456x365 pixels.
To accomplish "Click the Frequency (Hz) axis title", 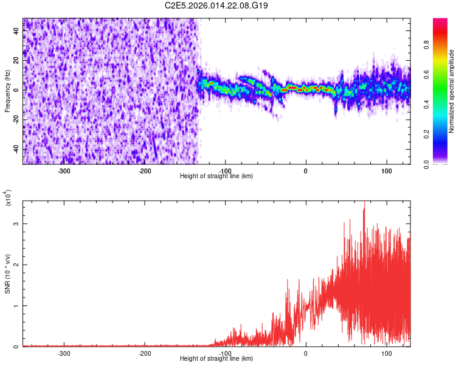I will click(7, 91).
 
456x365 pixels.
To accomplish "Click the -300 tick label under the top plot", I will click(64, 171).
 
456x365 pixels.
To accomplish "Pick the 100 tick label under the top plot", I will click(386, 171).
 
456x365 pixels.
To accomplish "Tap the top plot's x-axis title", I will click(216, 176).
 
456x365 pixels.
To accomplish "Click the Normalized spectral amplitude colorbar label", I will click(452, 91).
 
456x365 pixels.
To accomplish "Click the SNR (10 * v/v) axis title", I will click(7, 273).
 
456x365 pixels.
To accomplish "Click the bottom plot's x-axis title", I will click(216, 359).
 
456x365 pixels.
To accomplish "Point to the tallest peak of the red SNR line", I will click(364, 203).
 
